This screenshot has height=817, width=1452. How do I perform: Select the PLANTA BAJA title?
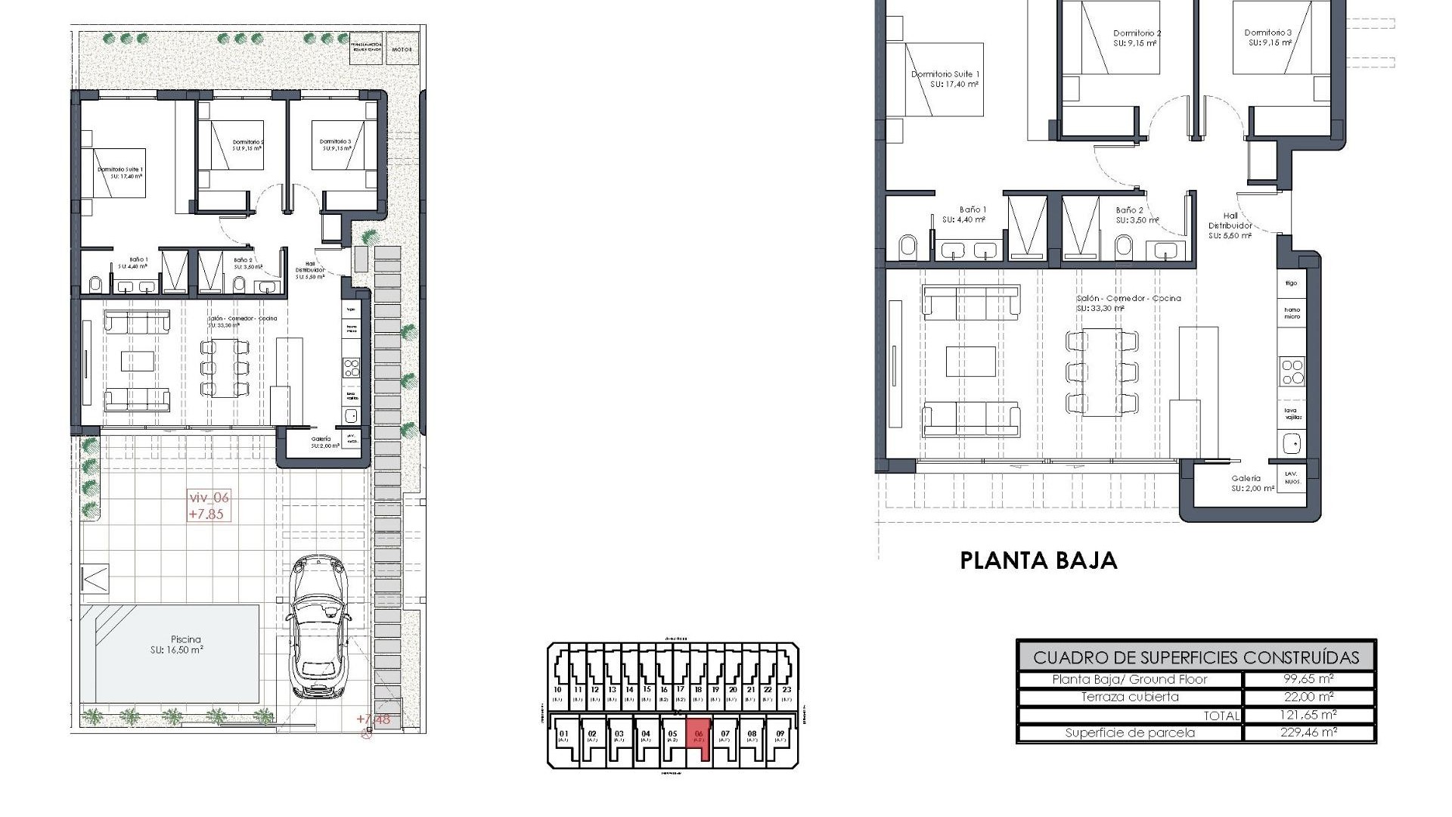click(1038, 561)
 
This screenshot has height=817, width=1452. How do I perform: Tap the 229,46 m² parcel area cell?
click(1309, 732)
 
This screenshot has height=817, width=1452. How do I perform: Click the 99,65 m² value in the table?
click(1309, 679)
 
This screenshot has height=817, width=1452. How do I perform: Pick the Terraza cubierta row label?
click(1130, 697)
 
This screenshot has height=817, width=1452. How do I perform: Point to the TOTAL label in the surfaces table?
click(1221, 715)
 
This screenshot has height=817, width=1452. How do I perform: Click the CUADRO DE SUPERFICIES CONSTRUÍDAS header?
click(1196, 657)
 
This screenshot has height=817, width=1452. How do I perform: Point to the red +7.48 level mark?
click(374, 719)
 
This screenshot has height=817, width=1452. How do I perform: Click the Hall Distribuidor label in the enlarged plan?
click(1230, 225)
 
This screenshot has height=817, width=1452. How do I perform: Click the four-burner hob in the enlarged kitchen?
click(1292, 372)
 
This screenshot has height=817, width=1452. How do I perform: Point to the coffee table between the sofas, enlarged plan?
click(971, 361)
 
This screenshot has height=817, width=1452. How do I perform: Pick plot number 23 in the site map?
click(786, 689)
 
